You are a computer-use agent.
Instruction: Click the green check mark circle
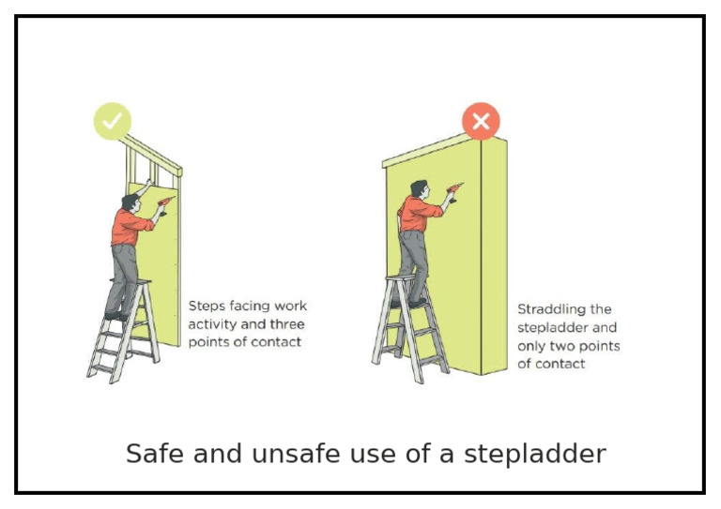pos(113,121)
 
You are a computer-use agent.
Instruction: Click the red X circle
pos(481,121)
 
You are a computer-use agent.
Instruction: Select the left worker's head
pos(130,202)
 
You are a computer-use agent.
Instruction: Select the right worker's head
pos(418,189)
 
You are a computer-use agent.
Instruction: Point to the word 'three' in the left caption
pos(286,324)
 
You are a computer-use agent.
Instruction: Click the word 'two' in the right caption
pos(573,346)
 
